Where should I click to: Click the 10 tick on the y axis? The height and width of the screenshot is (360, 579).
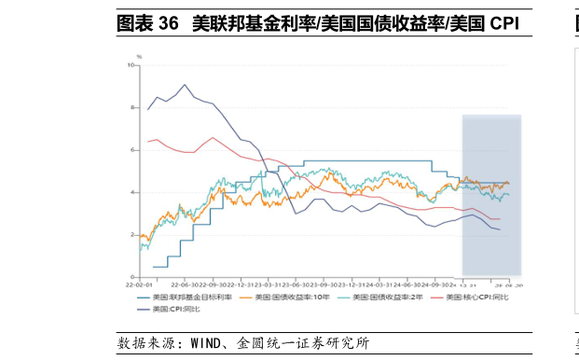(x=131, y=64)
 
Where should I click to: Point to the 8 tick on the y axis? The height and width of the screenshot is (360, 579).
(x=132, y=107)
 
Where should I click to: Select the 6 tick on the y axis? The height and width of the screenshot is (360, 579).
(x=132, y=150)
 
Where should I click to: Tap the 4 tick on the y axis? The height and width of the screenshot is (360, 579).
(x=132, y=192)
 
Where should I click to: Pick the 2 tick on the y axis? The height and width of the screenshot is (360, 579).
(x=132, y=235)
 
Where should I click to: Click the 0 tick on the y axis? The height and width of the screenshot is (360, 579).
(x=132, y=277)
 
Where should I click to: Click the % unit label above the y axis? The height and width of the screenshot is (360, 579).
(x=139, y=57)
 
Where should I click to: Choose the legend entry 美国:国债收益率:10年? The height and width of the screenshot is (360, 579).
(x=291, y=297)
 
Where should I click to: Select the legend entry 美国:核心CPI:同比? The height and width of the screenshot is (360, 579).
(x=481, y=297)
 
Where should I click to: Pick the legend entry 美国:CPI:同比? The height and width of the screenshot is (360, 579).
(x=175, y=308)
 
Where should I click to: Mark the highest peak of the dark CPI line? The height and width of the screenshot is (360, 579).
(x=186, y=85)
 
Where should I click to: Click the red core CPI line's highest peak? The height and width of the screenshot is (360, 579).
(x=214, y=138)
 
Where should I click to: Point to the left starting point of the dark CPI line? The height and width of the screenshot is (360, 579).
(x=147, y=109)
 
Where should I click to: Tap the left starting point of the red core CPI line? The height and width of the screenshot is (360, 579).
(x=147, y=141)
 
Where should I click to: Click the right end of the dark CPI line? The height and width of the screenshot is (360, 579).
(x=500, y=229)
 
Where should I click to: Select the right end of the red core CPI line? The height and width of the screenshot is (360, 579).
(x=500, y=219)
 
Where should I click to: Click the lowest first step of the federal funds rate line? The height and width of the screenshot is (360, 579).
(x=159, y=267)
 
